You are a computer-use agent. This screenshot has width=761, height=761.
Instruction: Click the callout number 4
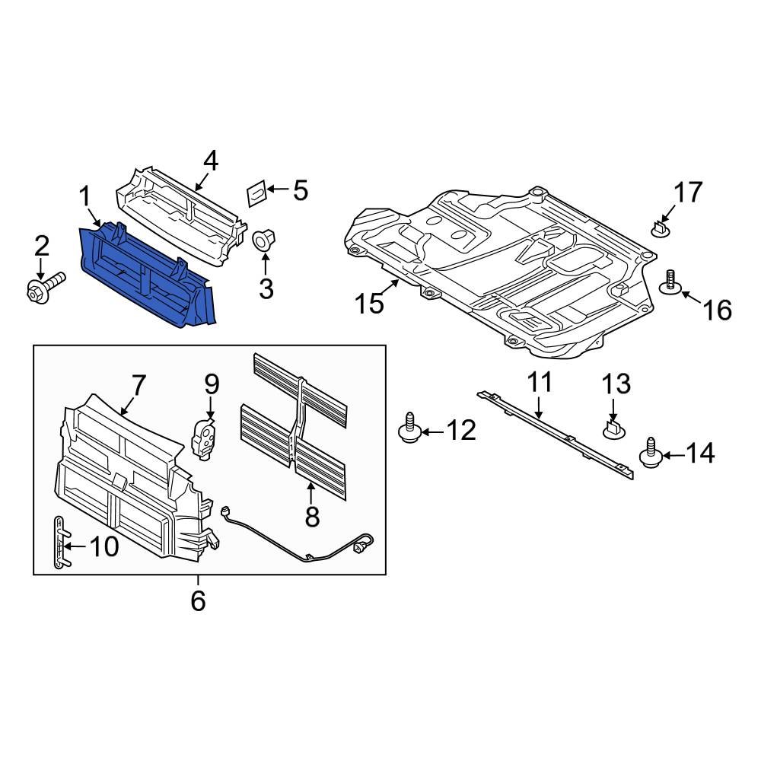[x=210, y=161]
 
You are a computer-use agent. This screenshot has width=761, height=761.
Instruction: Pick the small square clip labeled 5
[x=256, y=193]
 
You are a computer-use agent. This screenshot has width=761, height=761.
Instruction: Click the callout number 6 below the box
[x=198, y=600]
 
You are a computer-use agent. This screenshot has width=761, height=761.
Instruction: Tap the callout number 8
[x=312, y=517]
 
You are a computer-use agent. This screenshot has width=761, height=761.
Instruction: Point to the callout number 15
[x=369, y=304]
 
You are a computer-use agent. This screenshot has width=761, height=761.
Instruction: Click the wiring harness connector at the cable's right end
[x=365, y=543]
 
